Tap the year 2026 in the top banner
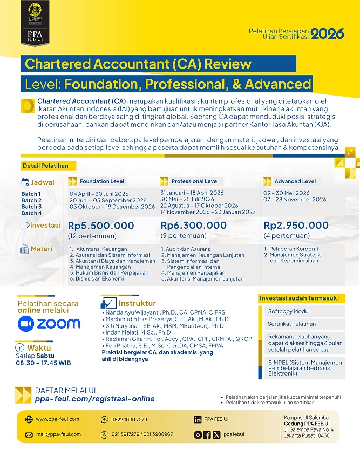pyautogui.click(x=328, y=33)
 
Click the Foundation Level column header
pyautogui.click(x=101, y=181)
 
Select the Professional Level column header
pyautogui.click(x=195, y=181)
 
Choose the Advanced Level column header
pyautogui.click(x=295, y=181)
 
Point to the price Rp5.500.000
pyautogui.click(x=101, y=226)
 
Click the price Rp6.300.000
pyautogui.click(x=194, y=226)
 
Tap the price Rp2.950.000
pyautogui.click(x=296, y=226)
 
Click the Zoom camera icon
pyautogui.click(x=25, y=323)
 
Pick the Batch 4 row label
pyautogui.click(x=31, y=213)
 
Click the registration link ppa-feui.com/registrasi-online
pyautogui.click(x=94, y=399)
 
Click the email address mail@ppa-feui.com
pyautogui.click(x=58, y=434)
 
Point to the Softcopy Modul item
pyautogui.click(x=289, y=311)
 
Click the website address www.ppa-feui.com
pyautogui.click(x=57, y=419)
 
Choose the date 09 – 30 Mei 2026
pyautogui.click(x=287, y=193)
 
